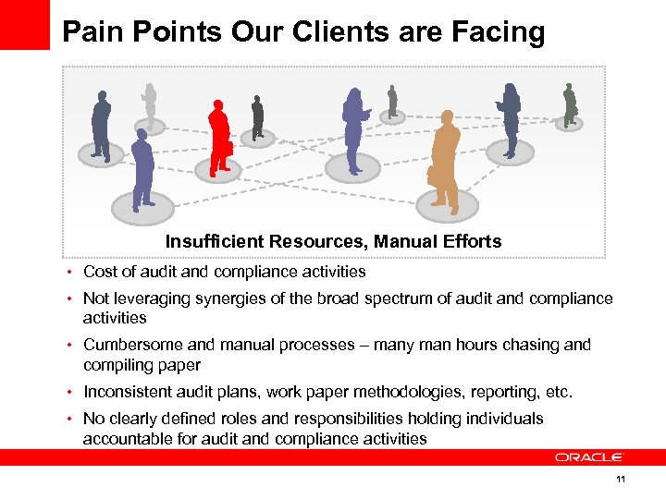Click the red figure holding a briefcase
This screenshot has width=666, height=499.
click(219, 137)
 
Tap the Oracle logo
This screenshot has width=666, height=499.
click(589, 456)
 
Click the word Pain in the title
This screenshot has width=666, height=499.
click(91, 32)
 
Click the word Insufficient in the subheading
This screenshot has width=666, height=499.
click(215, 242)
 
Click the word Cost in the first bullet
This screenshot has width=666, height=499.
click(99, 272)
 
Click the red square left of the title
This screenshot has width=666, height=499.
click(24, 24)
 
